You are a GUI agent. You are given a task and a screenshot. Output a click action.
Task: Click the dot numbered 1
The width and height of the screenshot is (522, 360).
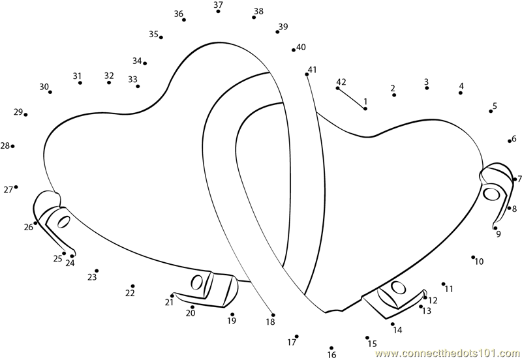coord(365,108)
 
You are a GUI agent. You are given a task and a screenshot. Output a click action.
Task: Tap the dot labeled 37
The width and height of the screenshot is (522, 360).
coord(218,12)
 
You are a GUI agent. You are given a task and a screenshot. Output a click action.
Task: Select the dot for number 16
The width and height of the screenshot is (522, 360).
coord(331,348)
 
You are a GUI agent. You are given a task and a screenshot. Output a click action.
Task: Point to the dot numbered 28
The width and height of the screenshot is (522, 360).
coord(13,146)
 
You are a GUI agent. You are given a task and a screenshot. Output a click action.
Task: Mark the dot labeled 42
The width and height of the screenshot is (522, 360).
coord(338,88)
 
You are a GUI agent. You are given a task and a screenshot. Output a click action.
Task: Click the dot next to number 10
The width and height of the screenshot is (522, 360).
coord(473,257)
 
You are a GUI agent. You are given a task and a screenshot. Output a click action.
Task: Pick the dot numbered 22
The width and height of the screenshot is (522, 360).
coord(132,286)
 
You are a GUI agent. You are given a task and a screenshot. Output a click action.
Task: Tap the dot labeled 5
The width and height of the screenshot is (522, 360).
coord(491,112)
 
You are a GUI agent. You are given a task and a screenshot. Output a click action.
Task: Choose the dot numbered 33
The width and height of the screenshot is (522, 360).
coord(138,86)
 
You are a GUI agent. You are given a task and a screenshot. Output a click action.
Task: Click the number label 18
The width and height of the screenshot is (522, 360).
coord(270,322)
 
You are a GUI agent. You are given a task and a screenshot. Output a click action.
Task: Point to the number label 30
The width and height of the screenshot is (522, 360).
coord(44,87)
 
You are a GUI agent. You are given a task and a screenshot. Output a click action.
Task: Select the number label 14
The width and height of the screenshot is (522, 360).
coord(397,330)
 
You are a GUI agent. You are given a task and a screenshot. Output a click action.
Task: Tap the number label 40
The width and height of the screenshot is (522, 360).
coord(301,47)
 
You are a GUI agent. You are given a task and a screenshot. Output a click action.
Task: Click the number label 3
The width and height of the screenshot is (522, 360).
coord(426,82)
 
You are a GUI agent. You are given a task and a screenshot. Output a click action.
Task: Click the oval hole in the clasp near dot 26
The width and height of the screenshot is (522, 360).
coord(64,220)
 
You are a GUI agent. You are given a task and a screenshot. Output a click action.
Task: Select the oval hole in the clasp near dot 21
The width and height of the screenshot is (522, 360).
coord(196,282)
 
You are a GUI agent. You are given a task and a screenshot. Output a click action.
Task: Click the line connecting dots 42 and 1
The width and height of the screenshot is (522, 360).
coord(352,98)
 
